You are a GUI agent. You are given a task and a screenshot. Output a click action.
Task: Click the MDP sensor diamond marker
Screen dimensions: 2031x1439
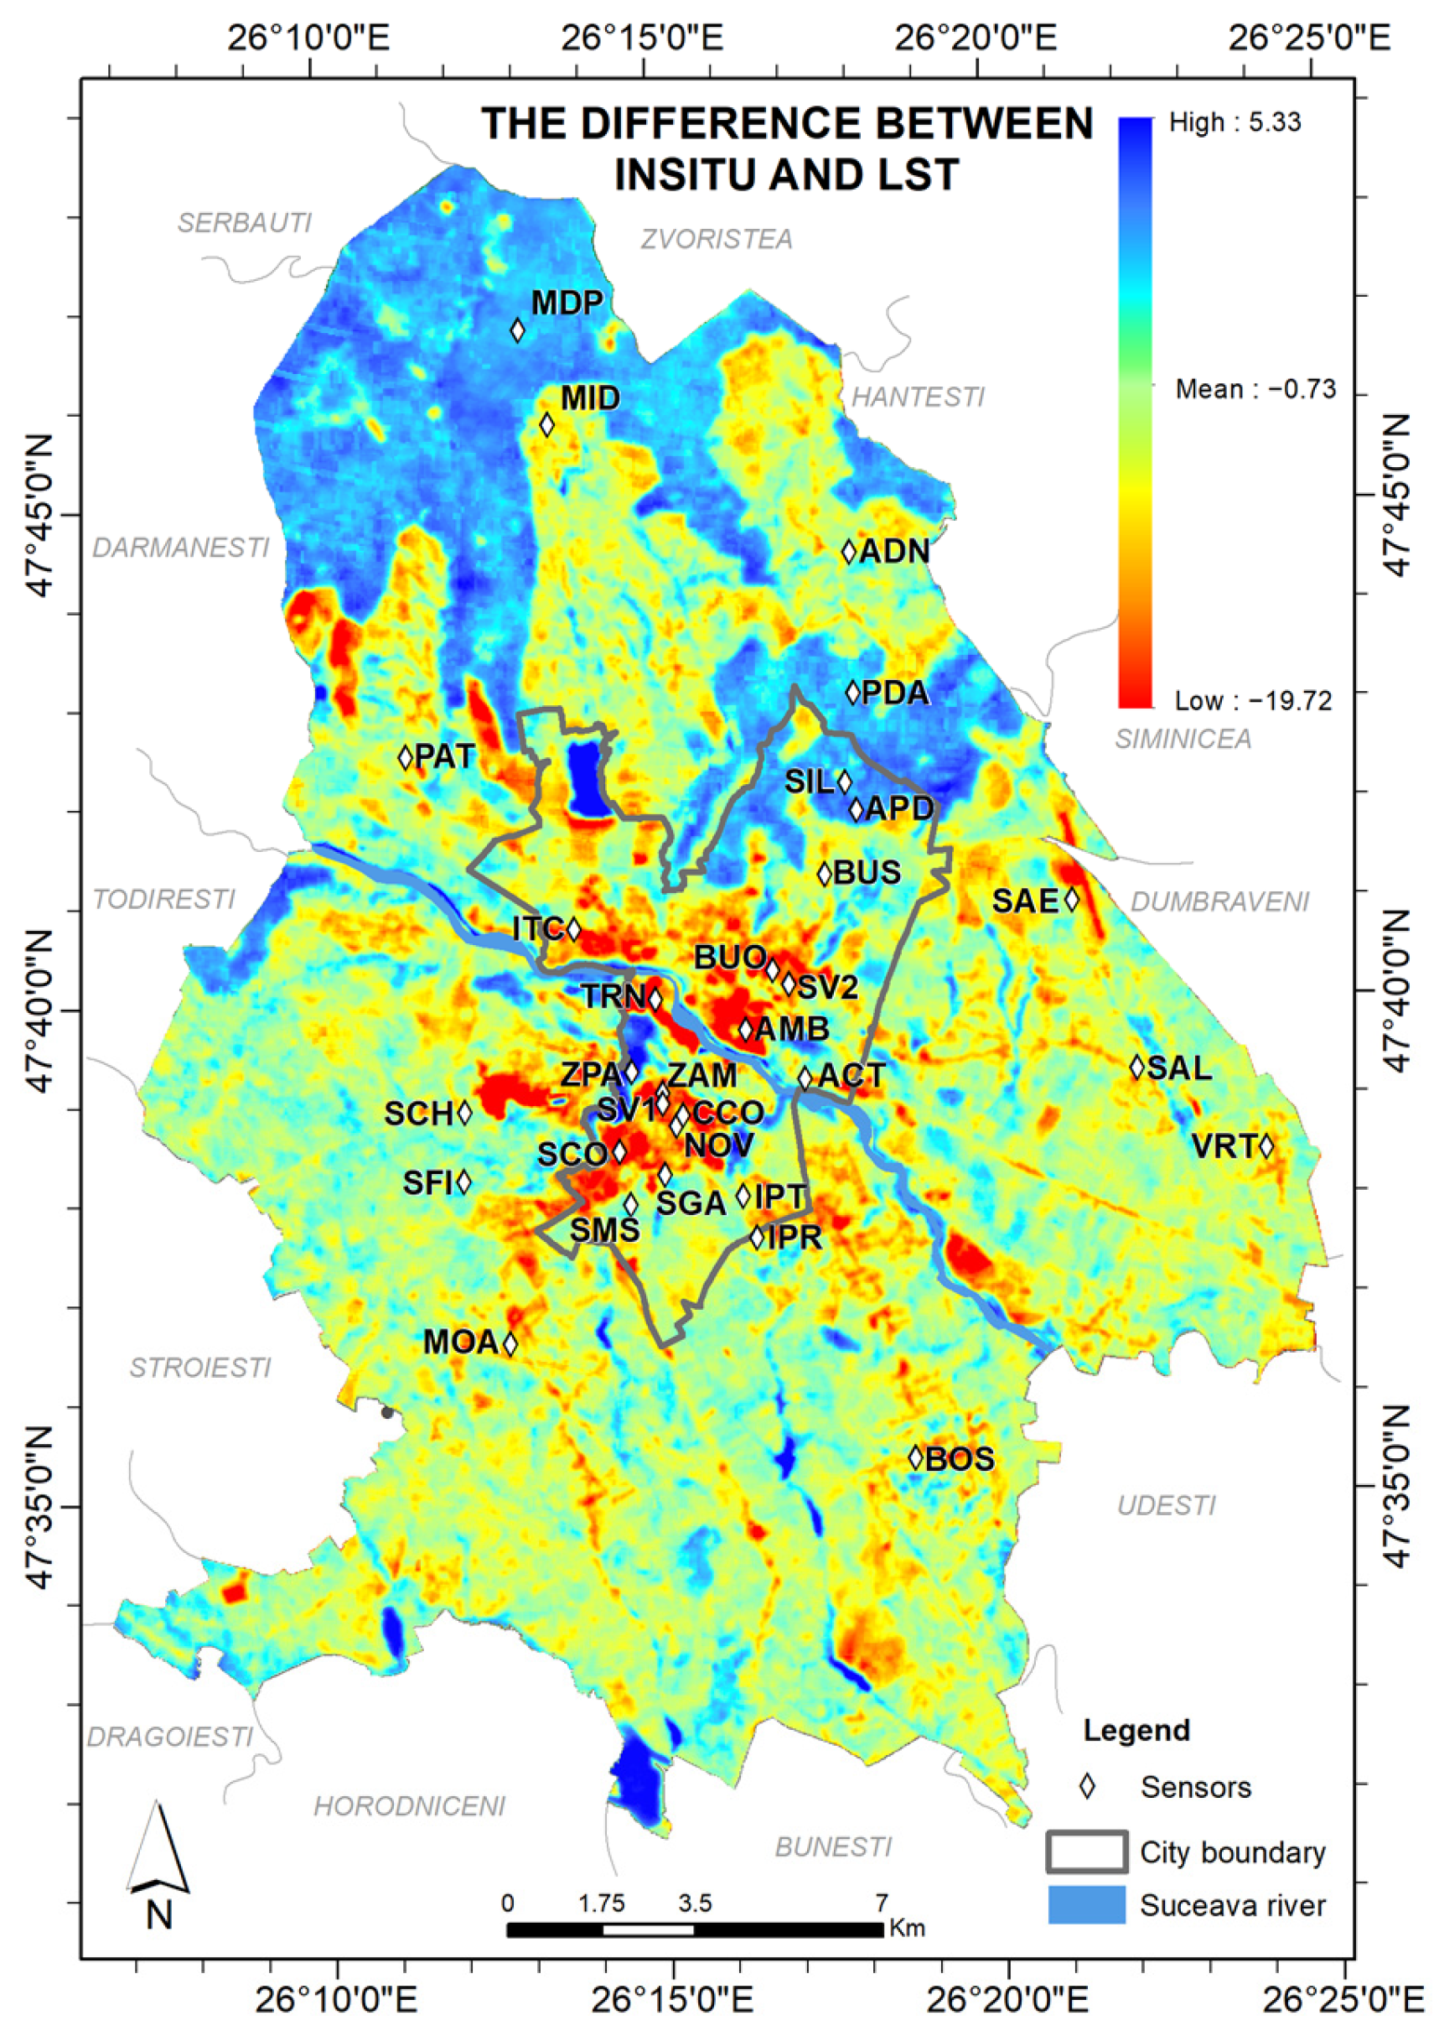(517, 330)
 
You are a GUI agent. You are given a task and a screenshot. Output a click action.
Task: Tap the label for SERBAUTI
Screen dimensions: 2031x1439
(245, 222)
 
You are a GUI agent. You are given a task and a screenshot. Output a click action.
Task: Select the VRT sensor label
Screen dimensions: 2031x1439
(1224, 1146)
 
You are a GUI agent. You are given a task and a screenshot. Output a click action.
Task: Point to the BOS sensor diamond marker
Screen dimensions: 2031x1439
(916, 1457)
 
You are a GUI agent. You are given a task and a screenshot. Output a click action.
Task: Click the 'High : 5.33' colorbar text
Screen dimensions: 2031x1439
(1235, 122)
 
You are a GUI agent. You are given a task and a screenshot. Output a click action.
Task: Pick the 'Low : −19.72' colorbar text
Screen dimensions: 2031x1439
(1253, 700)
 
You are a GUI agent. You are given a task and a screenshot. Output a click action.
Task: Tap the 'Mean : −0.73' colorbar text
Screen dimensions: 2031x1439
(1255, 389)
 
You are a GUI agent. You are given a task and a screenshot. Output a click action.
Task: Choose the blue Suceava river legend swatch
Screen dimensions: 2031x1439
(1086, 1905)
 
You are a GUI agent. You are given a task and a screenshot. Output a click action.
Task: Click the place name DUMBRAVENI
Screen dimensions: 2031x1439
(1219, 901)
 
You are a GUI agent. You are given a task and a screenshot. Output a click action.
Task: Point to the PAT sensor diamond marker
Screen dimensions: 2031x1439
(406, 757)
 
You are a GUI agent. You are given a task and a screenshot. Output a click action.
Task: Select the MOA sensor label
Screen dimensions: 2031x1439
(460, 1343)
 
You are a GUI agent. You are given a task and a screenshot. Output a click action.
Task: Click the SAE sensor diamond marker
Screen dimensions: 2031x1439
(1071, 899)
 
